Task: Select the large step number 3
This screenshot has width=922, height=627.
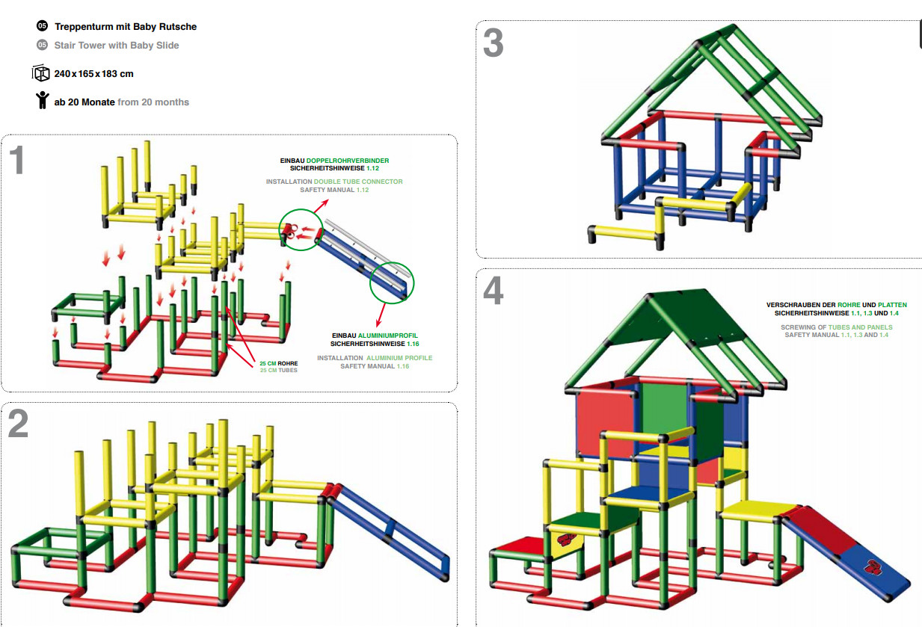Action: coord(493,43)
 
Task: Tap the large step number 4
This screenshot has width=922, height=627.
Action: coord(493,291)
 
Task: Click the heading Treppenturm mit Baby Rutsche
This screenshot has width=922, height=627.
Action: coord(126,27)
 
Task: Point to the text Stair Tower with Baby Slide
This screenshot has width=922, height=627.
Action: coord(117,46)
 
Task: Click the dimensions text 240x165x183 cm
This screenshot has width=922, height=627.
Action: coord(93,74)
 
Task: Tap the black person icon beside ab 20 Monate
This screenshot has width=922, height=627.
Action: coord(42,101)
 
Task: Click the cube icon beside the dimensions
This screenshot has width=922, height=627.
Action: coord(40,73)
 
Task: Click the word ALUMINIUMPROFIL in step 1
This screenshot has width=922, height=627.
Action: coord(387,336)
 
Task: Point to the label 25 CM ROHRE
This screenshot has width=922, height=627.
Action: coord(278,363)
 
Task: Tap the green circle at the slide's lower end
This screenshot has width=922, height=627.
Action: coord(392,282)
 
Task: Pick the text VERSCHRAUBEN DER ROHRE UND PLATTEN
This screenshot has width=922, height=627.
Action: coord(836,305)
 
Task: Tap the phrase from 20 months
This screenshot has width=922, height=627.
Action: coord(153,102)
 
